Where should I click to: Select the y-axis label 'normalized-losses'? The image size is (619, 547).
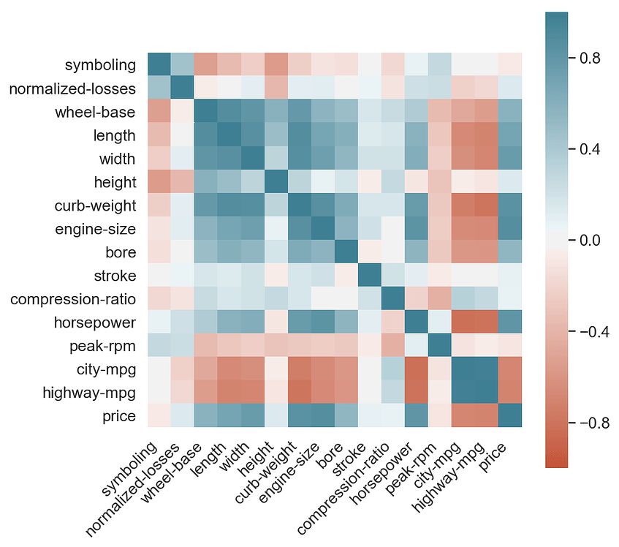(x=72, y=88)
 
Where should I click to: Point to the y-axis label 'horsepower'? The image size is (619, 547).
(x=94, y=322)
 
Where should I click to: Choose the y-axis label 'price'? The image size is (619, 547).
(x=120, y=416)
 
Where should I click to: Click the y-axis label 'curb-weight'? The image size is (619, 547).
(x=94, y=205)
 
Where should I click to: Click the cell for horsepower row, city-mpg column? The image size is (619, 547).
(x=463, y=322)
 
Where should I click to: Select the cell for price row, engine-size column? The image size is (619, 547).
(x=323, y=416)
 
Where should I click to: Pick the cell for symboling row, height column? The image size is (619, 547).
(x=276, y=65)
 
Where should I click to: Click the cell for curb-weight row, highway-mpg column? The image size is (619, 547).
(x=487, y=205)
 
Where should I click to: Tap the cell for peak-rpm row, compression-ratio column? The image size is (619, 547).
(x=393, y=346)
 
